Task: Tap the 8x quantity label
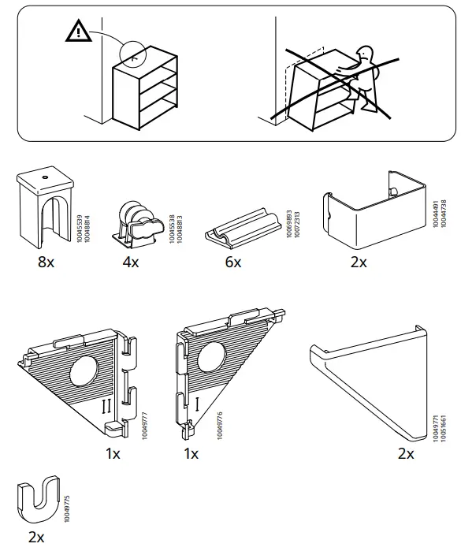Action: click(46, 262)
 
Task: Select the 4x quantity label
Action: click(131, 262)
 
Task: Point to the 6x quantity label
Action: click(232, 262)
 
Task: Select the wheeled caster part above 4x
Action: click(137, 217)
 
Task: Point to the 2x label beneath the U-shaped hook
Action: click(36, 538)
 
